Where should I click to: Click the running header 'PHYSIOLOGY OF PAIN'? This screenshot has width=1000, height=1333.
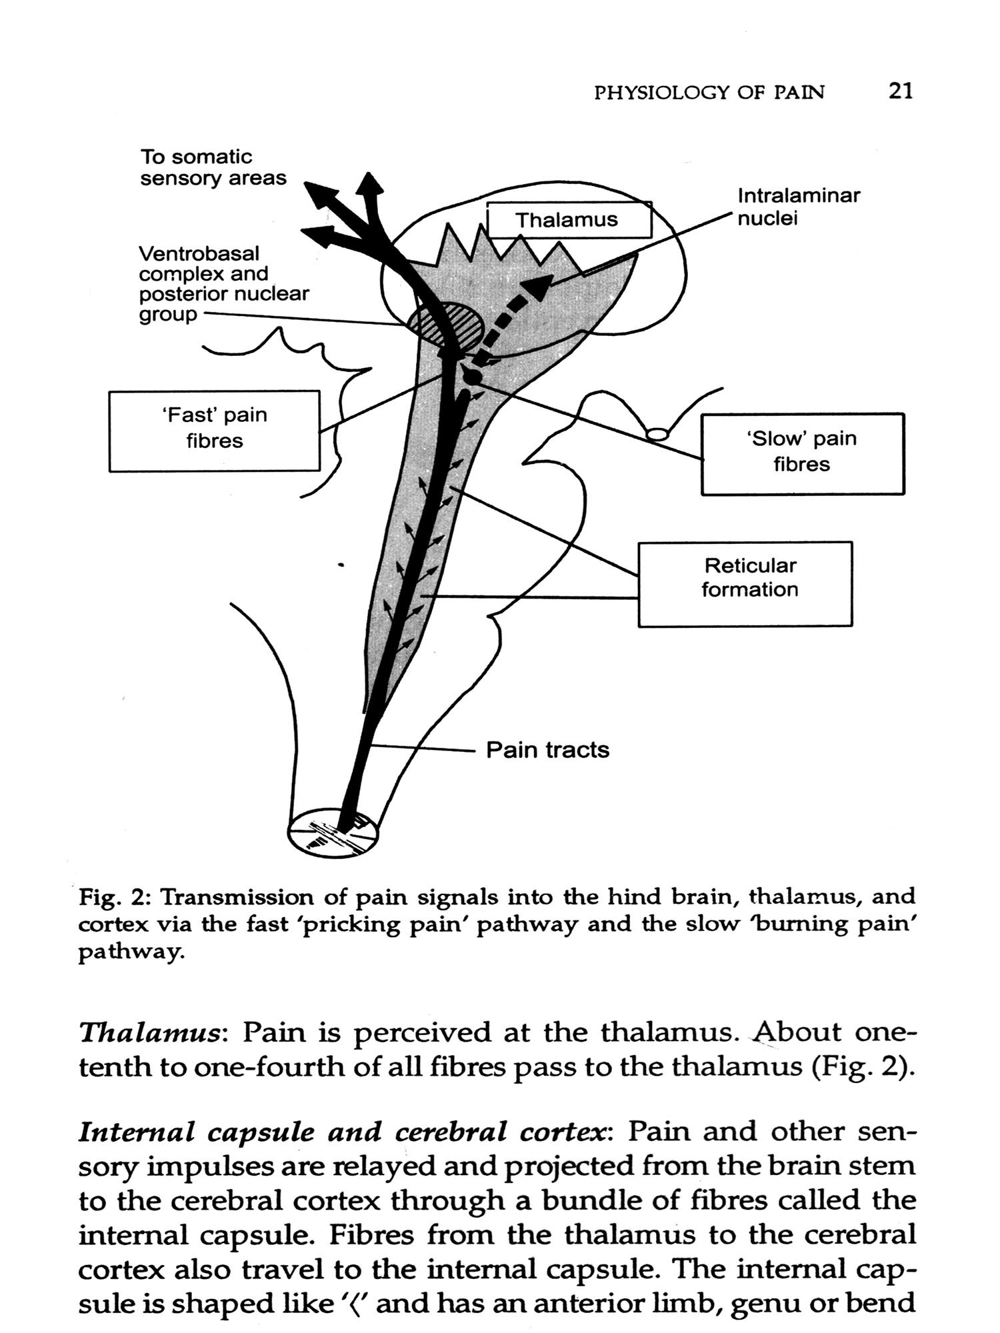[709, 93]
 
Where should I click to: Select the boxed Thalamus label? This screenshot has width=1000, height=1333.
[569, 219]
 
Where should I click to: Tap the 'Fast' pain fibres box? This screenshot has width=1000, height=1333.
[214, 431]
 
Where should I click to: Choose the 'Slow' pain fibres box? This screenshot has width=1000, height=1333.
[802, 453]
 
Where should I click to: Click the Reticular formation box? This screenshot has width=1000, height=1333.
[745, 583]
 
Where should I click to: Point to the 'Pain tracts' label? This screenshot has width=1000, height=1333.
[547, 750]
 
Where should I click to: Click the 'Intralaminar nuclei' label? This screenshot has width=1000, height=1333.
[798, 207]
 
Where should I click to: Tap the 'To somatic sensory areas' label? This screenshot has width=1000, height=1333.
[213, 167]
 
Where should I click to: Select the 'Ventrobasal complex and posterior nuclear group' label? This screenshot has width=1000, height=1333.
[223, 283]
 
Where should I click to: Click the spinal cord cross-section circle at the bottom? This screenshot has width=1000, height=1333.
[333, 832]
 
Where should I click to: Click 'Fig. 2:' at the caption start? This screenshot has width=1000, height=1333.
[116, 897]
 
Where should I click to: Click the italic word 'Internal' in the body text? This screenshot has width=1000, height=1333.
[137, 1132]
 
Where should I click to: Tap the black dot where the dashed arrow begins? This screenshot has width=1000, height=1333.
[471, 377]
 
